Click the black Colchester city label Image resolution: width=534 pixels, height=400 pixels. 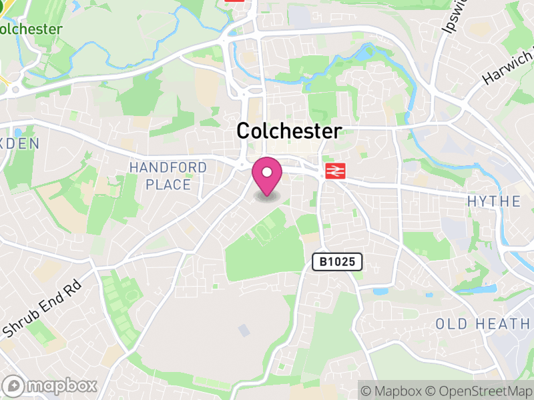coord(289,131)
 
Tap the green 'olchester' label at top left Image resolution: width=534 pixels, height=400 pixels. coord(31,29)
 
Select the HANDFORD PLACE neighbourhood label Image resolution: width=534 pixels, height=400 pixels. coord(168,176)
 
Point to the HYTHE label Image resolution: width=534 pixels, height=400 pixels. coord(494,201)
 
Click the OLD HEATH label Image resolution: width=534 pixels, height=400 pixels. coord(483,324)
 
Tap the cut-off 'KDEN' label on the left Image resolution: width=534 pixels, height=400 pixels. coord(19,143)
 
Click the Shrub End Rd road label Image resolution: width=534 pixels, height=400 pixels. coord(41,308)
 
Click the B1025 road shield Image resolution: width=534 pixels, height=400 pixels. coord(337,262)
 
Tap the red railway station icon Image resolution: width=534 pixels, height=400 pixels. coord(334,171)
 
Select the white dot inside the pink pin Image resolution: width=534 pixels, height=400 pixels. coord(267,172)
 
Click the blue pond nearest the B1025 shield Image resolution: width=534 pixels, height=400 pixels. coord(380,291)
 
